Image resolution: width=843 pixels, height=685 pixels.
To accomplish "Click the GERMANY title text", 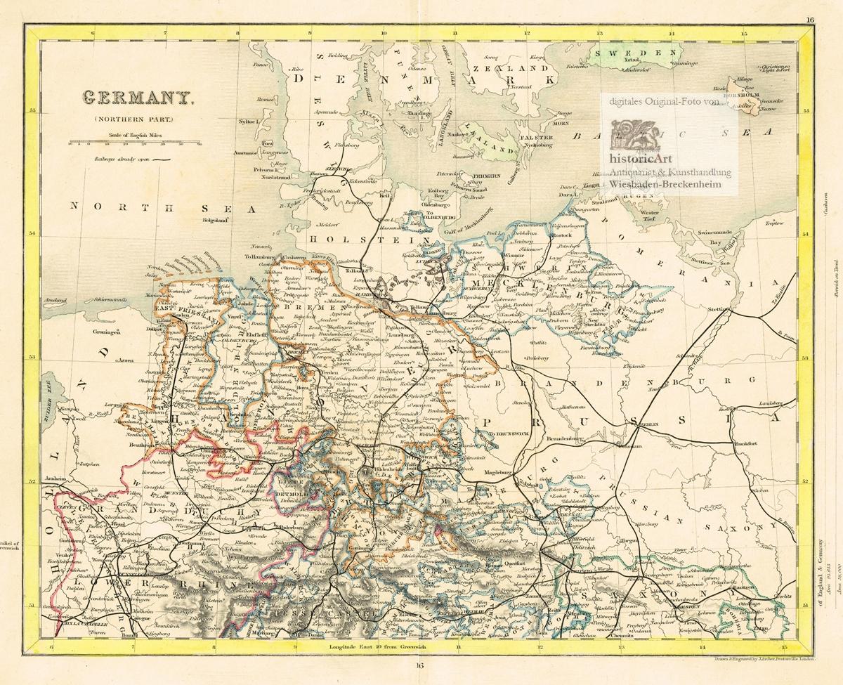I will [138, 98].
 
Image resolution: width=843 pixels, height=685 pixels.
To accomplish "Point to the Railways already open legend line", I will [162, 160].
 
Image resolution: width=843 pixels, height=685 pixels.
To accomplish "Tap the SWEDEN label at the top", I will [628, 53].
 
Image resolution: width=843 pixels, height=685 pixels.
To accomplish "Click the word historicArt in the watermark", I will [641, 159].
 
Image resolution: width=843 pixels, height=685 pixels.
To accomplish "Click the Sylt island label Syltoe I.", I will [249, 122].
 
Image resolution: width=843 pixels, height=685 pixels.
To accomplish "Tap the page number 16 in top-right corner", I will [810, 20].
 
